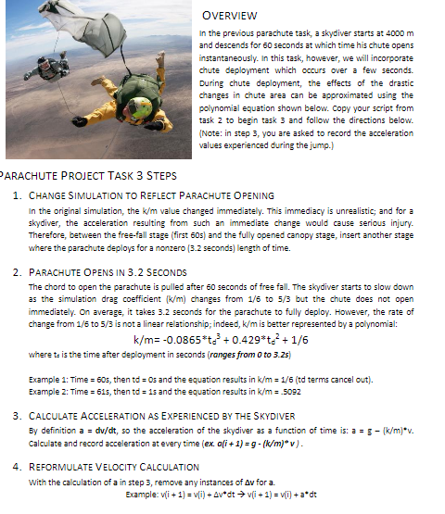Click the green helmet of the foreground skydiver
click(141, 107)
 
